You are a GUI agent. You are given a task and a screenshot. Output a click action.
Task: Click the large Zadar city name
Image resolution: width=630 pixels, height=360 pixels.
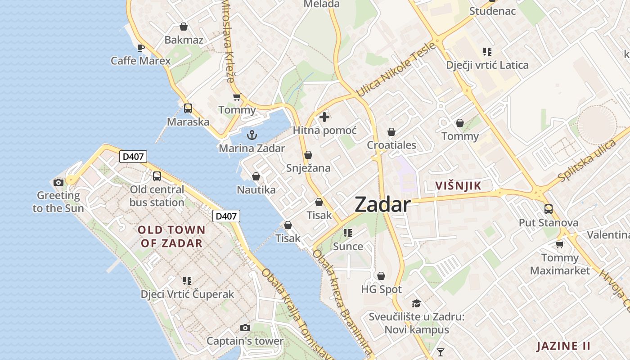tap(382, 205)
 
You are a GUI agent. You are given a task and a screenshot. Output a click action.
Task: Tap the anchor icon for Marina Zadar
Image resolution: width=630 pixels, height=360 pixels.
tap(252, 135)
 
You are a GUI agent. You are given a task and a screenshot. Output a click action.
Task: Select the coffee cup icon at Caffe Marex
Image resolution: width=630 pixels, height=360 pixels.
tap(141, 47)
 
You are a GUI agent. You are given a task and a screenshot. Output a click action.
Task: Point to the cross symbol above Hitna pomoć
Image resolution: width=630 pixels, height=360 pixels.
tap(324, 117)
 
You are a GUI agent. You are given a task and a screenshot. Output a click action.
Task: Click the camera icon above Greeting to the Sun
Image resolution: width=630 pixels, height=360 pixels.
tap(58, 182)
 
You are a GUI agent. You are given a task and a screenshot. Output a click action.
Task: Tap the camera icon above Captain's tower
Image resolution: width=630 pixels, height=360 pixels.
tap(245, 328)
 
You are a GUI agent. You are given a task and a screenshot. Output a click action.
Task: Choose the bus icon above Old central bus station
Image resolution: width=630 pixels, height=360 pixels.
tap(157, 176)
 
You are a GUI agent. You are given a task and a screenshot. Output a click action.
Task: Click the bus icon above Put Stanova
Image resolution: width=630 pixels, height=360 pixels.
tap(548, 209)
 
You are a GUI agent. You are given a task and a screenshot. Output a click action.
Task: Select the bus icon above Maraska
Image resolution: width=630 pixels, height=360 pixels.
tap(188, 108)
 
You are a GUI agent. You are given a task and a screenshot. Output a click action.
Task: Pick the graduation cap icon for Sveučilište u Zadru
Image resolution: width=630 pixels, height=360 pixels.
tap(416, 304)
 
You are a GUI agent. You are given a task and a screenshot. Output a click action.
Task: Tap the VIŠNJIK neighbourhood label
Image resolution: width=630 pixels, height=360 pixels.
tap(458, 185)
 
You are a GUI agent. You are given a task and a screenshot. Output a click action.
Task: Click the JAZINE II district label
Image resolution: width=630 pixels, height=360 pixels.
tap(563, 346)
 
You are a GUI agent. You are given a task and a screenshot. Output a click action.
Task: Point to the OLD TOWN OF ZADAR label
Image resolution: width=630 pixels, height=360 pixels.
tap(171, 237)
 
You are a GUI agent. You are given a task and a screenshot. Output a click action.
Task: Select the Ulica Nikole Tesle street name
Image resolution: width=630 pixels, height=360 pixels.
tap(396, 69)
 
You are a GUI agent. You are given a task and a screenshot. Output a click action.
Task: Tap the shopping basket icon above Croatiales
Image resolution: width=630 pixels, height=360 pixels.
tap(391, 132)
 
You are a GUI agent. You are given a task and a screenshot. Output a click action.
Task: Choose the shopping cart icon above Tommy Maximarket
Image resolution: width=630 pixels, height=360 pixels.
tap(559, 244)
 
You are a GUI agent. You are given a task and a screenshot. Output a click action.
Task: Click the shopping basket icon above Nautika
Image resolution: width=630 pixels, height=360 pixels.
tap(256, 177)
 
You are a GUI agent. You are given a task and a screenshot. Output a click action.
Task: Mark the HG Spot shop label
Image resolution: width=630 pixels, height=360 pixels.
tap(382, 289)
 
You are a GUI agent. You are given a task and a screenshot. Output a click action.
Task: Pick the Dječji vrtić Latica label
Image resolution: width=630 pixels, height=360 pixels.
tap(487, 65)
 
